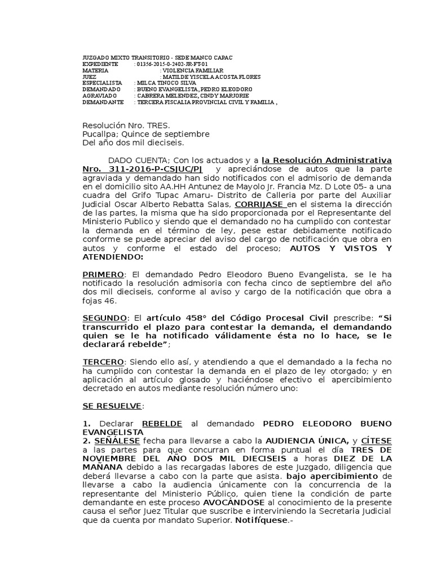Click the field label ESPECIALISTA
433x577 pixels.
tap(102, 83)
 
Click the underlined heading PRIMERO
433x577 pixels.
tap(103, 274)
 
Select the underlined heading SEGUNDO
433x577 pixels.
tap(105, 318)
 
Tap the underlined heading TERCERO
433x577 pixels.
tap(103, 361)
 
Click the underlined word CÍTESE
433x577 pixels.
tap(377, 440)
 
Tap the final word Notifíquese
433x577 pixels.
tap(262, 521)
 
